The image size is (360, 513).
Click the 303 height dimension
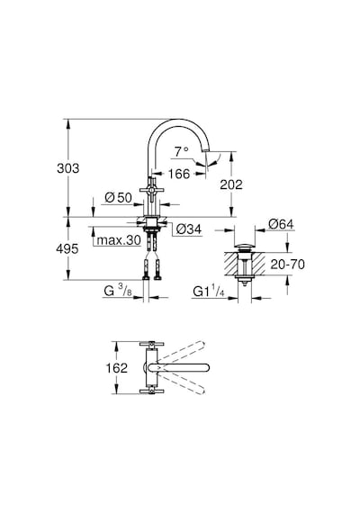click(x=68, y=168)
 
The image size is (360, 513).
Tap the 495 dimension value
click(x=67, y=248)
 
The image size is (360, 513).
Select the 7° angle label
click(x=181, y=151)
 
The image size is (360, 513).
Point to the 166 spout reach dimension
click(x=179, y=174)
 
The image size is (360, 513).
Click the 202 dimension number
click(x=231, y=184)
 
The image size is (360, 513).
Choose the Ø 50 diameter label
click(x=118, y=197)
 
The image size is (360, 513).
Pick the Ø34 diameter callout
click(x=189, y=229)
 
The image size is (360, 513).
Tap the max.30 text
click(x=119, y=240)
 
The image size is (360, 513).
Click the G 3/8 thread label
click(x=118, y=291)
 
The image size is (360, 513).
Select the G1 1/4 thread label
click(x=209, y=292)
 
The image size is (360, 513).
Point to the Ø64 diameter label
click(x=281, y=224)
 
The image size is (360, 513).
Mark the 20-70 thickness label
click(x=287, y=264)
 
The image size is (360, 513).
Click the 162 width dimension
click(x=116, y=368)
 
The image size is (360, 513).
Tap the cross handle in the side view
click(x=151, y=190)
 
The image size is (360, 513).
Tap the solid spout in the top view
click(x=180, y=367)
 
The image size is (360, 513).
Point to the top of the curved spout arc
click(x=177, y=120)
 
